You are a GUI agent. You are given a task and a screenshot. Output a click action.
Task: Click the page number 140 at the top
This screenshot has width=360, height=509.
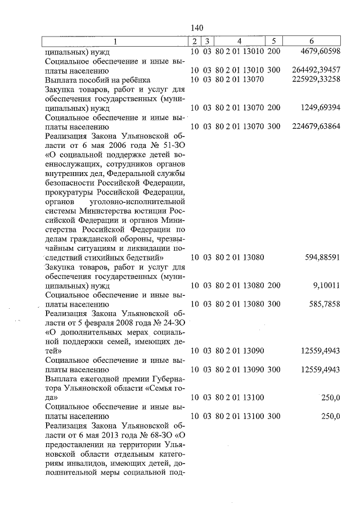click(196, 28)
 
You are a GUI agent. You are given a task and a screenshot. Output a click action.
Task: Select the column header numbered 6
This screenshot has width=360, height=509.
click(312, 41)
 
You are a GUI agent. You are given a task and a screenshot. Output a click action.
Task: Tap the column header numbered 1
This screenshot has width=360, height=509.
click(115, 41)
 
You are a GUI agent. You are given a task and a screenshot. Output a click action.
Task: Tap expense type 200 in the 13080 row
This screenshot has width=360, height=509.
click(274, 285)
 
